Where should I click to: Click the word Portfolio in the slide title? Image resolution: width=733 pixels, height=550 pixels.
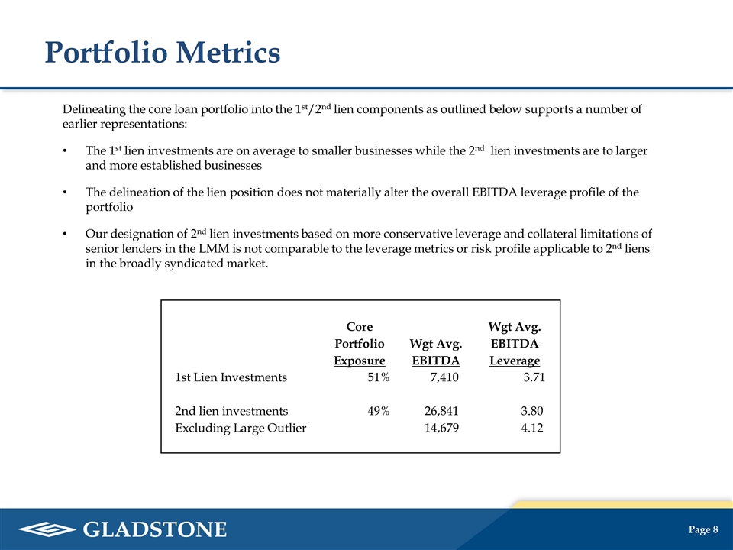(x=107, y=53)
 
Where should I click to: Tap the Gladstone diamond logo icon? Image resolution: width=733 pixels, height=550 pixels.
(x=47, y=529)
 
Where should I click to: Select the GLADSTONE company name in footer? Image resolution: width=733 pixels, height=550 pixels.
(x=155, y=529)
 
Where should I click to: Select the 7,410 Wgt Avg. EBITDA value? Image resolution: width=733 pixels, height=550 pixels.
(x=444, y=377)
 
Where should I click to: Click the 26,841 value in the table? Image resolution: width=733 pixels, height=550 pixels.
(x=441, y=411)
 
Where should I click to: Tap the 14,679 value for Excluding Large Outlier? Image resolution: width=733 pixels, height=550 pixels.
(x=441, y=428)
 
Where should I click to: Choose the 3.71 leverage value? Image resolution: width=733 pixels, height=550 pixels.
(x=533, y=377)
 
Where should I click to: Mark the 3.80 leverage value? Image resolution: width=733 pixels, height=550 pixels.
(x=531, y=411)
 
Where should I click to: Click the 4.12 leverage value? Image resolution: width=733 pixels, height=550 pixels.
(x=531, y=428)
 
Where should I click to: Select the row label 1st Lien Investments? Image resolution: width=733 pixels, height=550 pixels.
(x=231, y=377)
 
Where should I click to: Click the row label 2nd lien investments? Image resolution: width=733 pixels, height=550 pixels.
(x=231, y=411)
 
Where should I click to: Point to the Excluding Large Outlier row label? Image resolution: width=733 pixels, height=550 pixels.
(x=241, y=428)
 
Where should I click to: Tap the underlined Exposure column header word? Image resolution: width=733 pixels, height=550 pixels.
(x=360, y=361)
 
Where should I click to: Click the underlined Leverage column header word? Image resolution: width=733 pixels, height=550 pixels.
(x=515, y=361)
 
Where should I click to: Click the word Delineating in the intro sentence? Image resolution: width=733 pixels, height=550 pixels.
(x=95, y=109)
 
